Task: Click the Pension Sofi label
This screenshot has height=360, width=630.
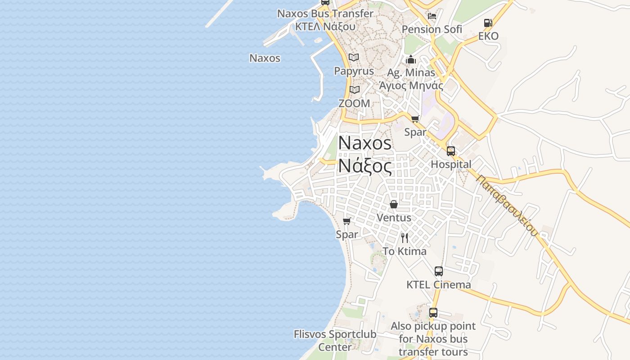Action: point(432,29)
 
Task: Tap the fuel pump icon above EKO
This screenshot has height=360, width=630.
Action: point(488,23)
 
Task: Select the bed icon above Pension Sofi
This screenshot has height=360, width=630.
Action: point(432,16)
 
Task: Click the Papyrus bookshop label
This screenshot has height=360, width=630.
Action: point(354,71)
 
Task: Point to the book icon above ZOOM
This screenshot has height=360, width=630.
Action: point(355,90)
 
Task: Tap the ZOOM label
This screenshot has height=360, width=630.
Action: point(354,103)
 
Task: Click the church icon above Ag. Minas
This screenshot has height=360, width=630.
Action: point(410,59)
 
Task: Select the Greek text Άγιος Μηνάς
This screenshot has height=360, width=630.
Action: point(411,85)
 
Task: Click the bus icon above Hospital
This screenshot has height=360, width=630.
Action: point(451,151)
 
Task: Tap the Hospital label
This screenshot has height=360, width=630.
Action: point(451,164)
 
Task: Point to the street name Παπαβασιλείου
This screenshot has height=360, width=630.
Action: point(507,205)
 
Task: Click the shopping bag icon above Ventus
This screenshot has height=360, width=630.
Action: point(394,204)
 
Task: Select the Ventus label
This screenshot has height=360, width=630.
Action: point(394,217)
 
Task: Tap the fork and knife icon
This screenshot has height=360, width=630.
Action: point(405,238)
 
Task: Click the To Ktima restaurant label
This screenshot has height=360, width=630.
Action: point(405,251)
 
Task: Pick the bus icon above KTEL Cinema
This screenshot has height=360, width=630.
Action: point(439,271)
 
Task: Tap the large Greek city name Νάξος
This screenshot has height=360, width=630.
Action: point(364,166)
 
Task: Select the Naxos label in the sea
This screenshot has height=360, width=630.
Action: point(265,58)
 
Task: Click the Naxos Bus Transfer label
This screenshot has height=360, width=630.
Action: point(325,13)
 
